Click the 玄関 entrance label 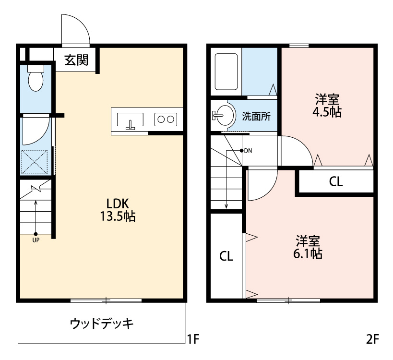coord(76,60)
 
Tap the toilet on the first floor coord(36,79)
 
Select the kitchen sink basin coord(130,119)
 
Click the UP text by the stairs coord(36,240)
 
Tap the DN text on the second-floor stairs coord(248,151)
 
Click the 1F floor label coord(192,340)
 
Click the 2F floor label coord(372,340)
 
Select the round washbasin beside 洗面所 coord(223,115)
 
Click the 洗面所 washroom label coord(256,116)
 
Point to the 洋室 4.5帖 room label coord(328,106)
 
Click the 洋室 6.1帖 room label coord(308,247)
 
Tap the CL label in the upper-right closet coord(335,182)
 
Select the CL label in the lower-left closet coord(226,256)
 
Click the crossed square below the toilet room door coord(35,162)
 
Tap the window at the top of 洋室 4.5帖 coord(299,46)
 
